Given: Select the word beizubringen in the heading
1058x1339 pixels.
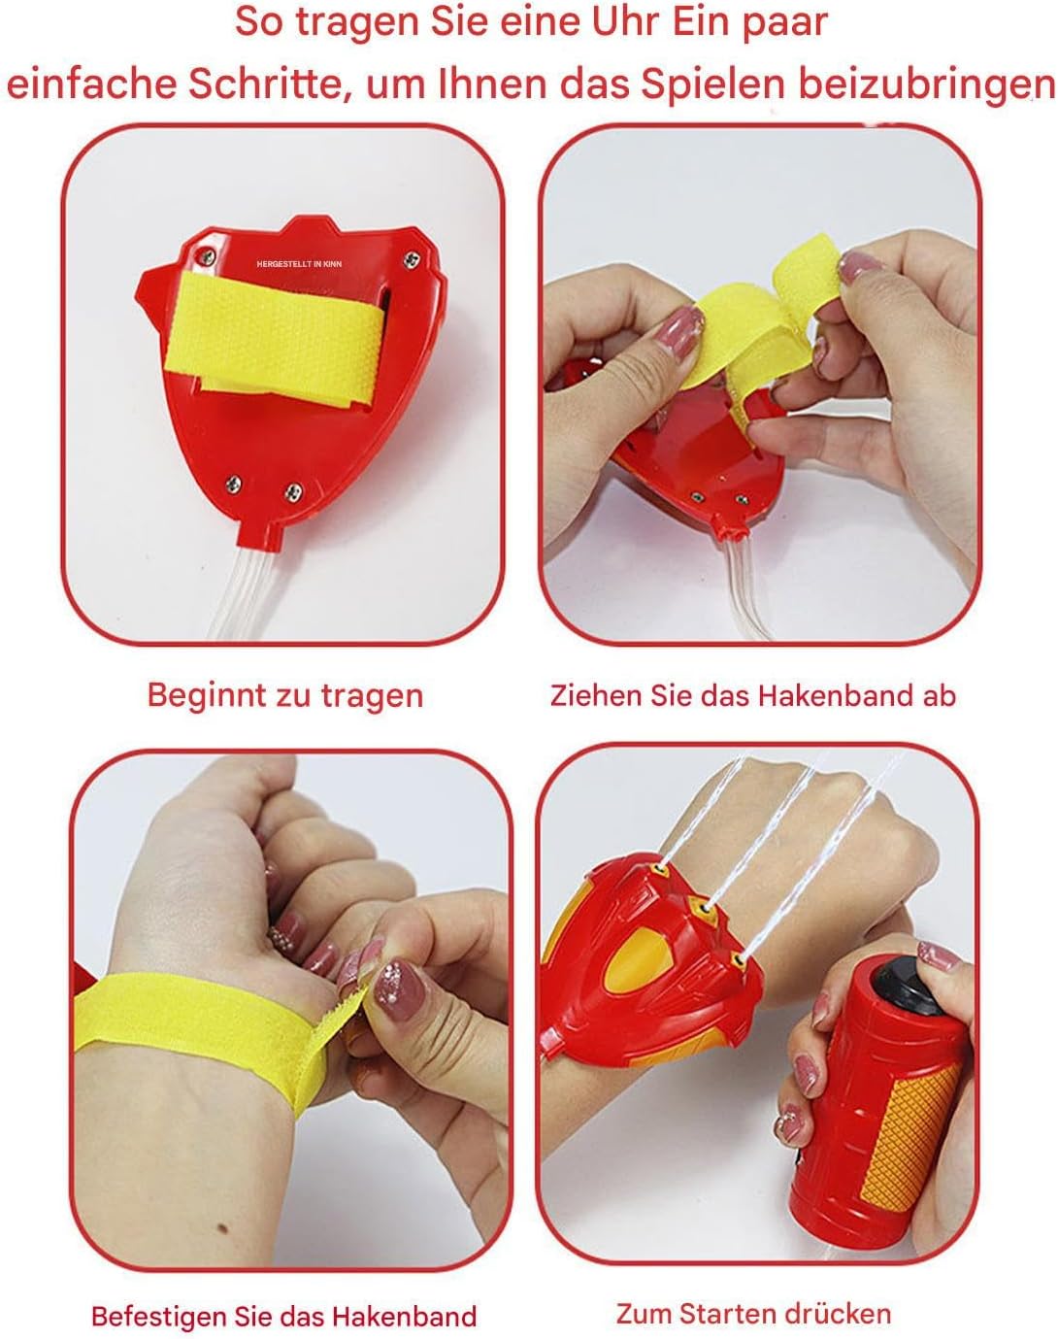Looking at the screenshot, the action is [927, 84].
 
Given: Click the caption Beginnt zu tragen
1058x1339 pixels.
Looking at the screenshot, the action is [284, 695].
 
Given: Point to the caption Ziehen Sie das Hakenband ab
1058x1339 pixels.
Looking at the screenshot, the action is [752, 695].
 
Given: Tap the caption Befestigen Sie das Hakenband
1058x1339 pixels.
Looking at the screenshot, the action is [283, 1316].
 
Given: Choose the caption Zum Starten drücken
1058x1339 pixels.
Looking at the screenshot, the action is [754, 1314].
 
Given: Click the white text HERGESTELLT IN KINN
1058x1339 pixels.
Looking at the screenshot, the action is [299, 264].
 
